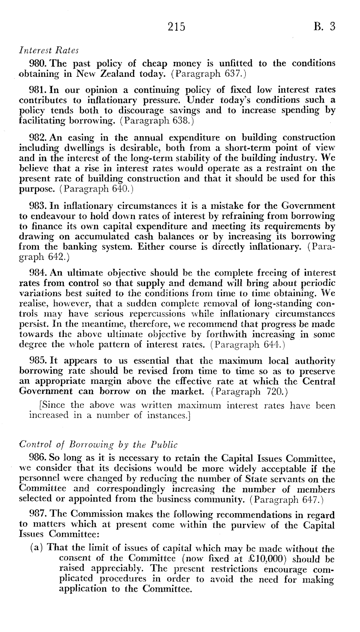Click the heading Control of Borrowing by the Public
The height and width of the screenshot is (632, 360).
[98, 445]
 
